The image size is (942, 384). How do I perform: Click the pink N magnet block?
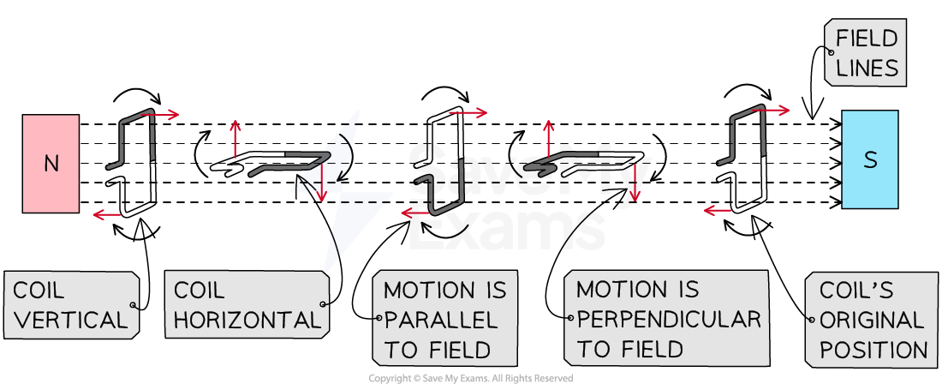click(51, 163)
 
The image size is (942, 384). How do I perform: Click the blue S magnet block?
click(870, 159)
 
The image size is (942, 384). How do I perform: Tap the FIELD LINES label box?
click(865, 53)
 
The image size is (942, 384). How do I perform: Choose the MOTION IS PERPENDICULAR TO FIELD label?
click(663, 320)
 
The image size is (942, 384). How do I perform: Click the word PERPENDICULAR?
click(669, 320)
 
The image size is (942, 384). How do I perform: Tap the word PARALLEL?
click(441, 321)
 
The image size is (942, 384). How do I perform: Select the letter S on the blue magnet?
click(870, 160)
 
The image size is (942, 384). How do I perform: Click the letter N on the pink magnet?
click(51, 164)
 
